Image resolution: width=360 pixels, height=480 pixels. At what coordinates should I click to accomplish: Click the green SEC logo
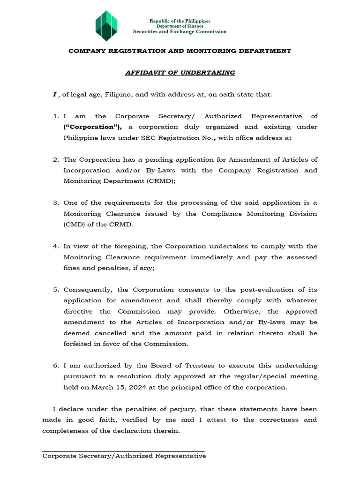click(x=106, y=26)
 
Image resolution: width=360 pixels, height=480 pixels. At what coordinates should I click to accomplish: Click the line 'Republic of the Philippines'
click(x=180, y=21)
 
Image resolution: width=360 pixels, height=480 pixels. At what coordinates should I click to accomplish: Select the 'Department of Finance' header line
click(x=180, y=26)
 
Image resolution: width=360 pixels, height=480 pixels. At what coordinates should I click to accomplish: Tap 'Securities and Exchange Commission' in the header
click(x=180, y=32)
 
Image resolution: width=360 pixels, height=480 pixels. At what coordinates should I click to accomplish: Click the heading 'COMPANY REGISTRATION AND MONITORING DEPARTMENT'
click(x=180, y=51)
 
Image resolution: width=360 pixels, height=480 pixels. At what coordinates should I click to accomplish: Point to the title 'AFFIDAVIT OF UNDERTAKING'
click(x=180, y=73)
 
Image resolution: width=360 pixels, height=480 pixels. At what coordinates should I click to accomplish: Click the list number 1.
click(x=55, y=116)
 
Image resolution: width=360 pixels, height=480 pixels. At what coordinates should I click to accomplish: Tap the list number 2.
click(x=55, y=160)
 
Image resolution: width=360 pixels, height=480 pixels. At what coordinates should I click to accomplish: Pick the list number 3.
click(x=55, y=203)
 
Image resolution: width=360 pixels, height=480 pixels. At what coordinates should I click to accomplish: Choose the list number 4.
click(x=55, y=247)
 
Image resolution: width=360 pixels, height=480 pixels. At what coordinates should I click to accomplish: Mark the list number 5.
click(x=55, y=290)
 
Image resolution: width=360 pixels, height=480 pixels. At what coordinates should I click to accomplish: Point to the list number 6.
click(x=55, y=366)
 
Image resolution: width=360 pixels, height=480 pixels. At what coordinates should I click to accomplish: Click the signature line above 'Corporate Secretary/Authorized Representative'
click(x=123, y=451)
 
